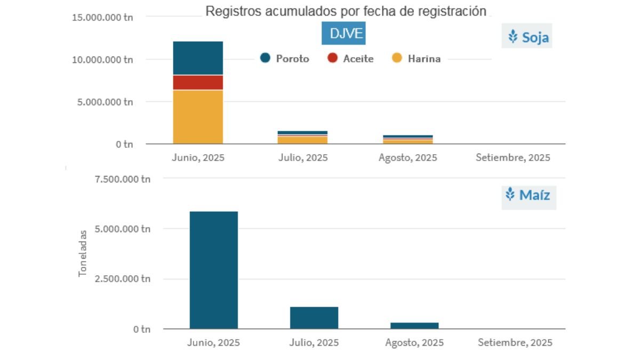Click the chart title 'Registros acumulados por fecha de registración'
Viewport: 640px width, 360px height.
click(346, 12)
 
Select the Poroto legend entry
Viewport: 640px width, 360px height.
click(285, 59)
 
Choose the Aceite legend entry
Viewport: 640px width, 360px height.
click(351, 59)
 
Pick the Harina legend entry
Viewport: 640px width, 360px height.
click(417, 59)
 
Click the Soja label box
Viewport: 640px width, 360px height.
click(527, 37)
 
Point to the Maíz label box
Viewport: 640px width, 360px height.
click(529, 195)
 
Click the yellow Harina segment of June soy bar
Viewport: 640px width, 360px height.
click(198, 117)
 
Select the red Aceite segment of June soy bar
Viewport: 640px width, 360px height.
click(198, 83)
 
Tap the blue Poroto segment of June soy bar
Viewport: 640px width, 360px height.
click(198, 58)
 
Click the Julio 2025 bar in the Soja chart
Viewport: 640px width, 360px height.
click(302, 138)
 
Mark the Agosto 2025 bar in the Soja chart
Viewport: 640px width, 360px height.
click(408, 139)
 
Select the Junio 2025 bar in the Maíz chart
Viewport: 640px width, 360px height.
click(213, 270)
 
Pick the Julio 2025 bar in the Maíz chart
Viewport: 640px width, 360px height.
click(314, 317)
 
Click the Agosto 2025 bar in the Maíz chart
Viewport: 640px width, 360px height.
click(414, 325)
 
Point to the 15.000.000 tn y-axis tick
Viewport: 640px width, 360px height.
click(102, 17)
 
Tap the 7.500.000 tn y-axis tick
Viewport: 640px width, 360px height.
click(123, 179)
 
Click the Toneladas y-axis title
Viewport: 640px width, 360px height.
click(83, 253)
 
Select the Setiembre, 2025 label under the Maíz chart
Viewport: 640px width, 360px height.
click(515, 342)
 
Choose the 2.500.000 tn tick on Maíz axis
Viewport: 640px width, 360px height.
click(123, 279)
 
